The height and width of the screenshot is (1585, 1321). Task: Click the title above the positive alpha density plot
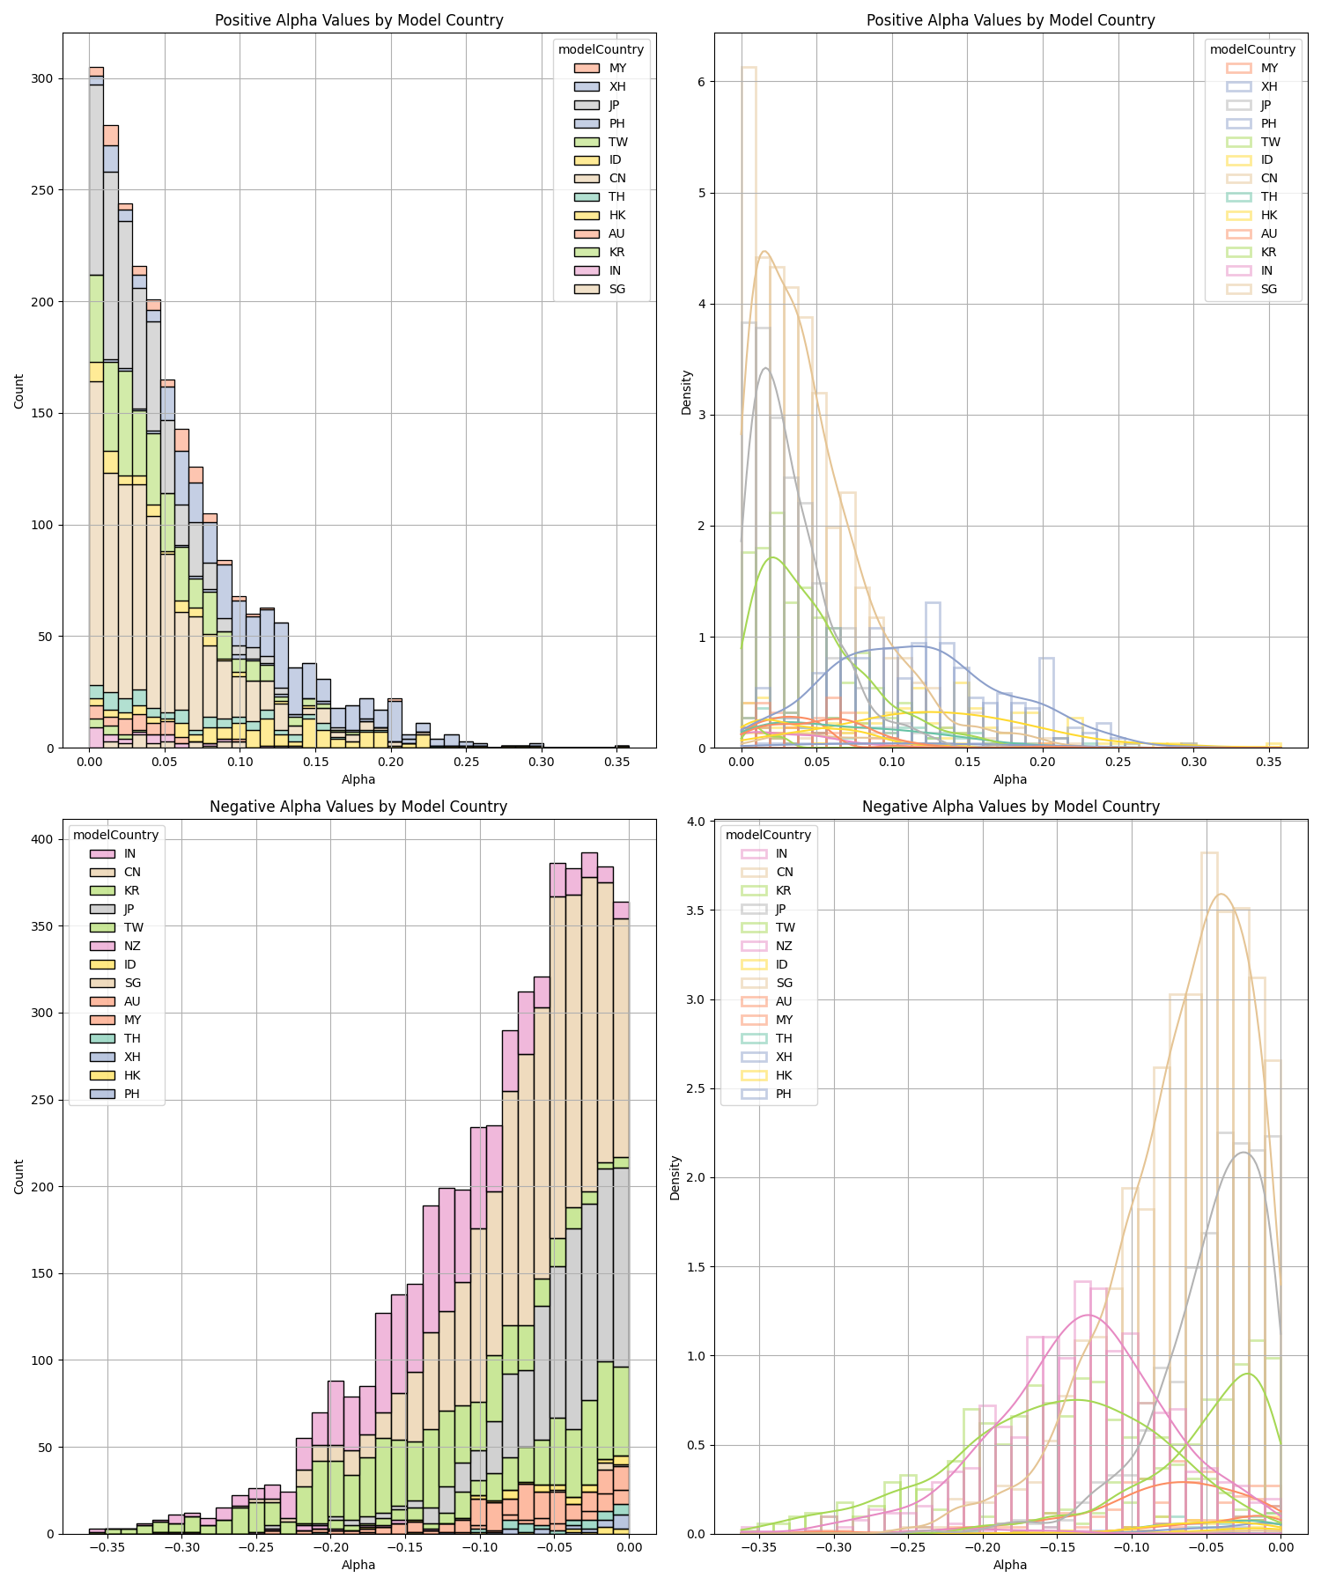click(1010, 20)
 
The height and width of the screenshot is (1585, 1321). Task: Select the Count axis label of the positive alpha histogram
click(19, 390)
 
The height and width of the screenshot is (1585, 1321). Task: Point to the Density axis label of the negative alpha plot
click(675, 1177)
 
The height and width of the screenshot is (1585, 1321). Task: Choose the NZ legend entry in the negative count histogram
click(131, 946)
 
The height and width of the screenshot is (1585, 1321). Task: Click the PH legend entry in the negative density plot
click(783, 1094)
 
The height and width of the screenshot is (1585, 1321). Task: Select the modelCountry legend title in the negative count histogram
click(115, 835)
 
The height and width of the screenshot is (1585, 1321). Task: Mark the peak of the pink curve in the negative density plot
click(1089, 1315)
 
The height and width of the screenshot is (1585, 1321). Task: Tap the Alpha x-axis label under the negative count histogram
click(358, 1565)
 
